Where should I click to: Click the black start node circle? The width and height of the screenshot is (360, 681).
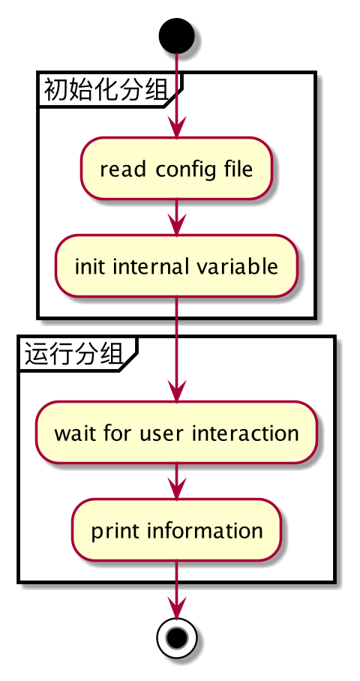tap(176, 35)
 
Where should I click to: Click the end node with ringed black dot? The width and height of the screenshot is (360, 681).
tap(176, 637)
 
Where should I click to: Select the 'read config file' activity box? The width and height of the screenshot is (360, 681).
tap(176, 169)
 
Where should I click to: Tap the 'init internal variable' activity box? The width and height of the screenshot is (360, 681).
tap(176, 266)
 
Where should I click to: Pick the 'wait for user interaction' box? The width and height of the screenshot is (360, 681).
tap(176, 433)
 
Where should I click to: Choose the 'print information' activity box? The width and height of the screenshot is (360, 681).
tap(176, 530)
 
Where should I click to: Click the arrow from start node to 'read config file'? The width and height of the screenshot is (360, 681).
tap(176, 95)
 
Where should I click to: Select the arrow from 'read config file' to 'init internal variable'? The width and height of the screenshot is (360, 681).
tap(176, 217)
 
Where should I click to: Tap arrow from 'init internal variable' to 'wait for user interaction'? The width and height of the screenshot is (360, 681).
tap(176, 349)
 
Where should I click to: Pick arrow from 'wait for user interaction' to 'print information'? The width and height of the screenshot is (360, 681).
tap(176, 481)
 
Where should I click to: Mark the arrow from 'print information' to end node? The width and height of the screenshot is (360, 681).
tap(176, 589)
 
